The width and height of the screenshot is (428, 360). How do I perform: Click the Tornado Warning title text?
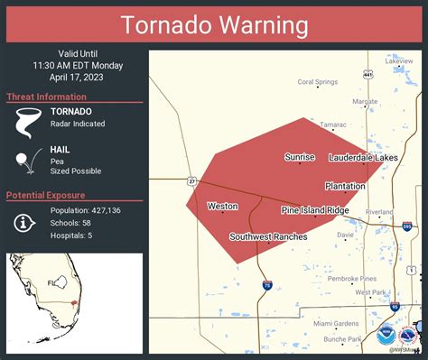pos(214,24)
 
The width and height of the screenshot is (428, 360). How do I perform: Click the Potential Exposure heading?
pos(46,196)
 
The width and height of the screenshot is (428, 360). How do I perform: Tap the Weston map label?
pos(222,207)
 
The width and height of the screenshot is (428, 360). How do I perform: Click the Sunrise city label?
pos(300,157)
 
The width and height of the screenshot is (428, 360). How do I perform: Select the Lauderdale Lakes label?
pos(362,158)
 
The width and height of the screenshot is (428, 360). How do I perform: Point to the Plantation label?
pos(345,186)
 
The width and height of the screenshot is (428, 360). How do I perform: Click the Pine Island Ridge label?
pos(314,210)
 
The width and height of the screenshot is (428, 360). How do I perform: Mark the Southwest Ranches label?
pos(268,237)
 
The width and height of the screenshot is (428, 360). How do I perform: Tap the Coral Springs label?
pos(317,81)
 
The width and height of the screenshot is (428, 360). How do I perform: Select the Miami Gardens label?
pos(336,323)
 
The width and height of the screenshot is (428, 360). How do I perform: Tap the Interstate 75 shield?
pos(267,285)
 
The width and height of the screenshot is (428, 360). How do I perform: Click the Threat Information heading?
pos(46,97)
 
